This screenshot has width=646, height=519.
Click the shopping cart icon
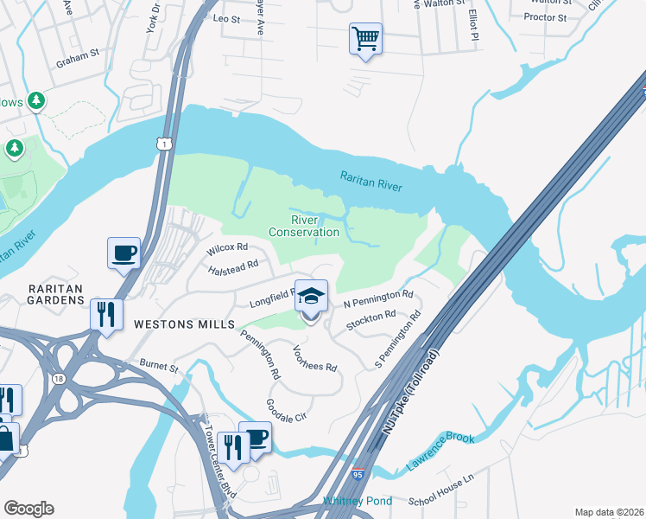[365, 38]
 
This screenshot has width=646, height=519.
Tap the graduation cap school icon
[311, 297]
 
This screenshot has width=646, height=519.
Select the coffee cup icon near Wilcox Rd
[124, 253]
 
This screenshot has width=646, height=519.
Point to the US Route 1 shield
[163, 144]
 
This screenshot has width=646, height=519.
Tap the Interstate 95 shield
[358, 474]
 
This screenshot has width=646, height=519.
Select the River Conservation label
[303, 226]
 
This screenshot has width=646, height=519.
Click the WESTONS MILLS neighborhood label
[184, 324]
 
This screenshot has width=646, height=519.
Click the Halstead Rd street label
[233, 268]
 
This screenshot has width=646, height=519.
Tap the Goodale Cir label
[287, 409]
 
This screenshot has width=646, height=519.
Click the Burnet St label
[155, 368]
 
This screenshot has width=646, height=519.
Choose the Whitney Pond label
[357, 501]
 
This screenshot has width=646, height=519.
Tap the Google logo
[28, 509]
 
